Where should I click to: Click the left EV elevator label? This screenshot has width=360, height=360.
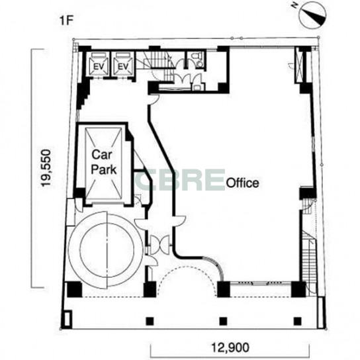(99, 67)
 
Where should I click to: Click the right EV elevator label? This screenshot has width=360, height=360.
(123, 67)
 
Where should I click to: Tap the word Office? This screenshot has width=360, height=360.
(243, 183)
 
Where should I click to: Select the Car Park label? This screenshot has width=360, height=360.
(103, 162)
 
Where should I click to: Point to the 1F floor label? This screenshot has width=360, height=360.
(66, 21)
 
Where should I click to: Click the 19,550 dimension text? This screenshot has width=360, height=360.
(45, 168)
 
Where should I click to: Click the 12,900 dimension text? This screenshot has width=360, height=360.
(230, 347)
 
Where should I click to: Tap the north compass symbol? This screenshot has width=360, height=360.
(313, 15)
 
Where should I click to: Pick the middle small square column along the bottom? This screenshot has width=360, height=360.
(223, 321)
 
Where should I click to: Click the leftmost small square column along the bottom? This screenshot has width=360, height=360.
(150, 321)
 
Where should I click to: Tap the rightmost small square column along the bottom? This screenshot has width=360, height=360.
(298, 321)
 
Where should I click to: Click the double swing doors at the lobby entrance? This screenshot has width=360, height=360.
(159, 245)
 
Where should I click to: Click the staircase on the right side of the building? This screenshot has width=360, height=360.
(309, 264)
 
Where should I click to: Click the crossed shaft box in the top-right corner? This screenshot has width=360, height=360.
(300, 65)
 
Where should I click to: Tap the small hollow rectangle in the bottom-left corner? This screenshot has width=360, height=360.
(68, 318)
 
